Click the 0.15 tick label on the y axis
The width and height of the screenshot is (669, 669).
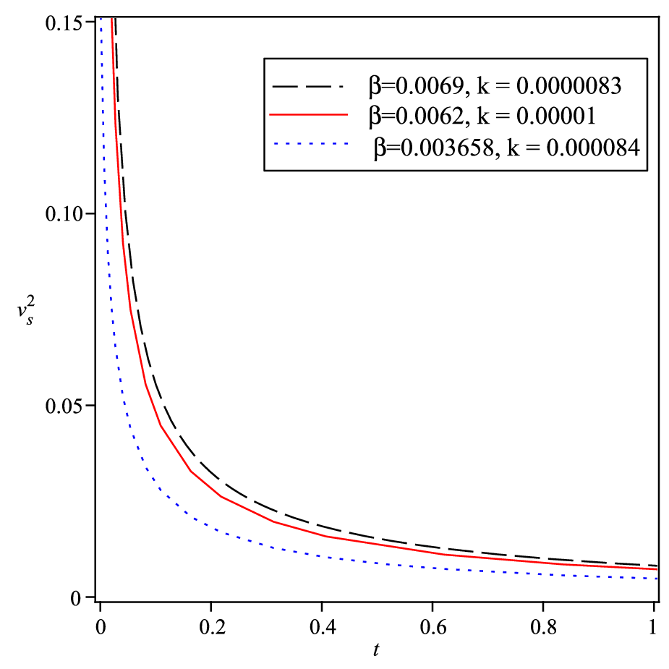(64, 23)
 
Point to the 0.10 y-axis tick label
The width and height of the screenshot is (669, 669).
(64, 214)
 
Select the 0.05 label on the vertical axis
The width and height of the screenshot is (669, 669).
(64, 406)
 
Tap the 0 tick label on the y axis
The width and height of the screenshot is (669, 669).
(75, 598)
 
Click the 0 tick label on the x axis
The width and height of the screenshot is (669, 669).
(101, 628)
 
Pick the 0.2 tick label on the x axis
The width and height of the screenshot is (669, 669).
(212, 628)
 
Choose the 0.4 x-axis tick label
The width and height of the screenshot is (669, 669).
(323, 628)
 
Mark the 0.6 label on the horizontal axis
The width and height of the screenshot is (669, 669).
(433, 628)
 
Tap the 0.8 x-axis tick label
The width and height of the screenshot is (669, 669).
(544, 628)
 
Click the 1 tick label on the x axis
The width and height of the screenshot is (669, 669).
(652, 628)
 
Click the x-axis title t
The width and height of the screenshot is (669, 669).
(376, 649)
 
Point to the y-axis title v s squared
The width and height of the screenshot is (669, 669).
(26, 312)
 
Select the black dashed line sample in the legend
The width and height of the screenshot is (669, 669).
(307, 87)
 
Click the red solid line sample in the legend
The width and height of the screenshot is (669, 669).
(309, 114)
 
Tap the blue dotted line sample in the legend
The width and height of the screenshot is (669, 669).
(310, 144)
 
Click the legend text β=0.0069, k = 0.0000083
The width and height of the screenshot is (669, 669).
(495, 86)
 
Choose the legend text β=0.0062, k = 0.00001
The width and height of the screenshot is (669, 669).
(482, 116)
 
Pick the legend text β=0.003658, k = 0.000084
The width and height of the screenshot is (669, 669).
(507, 148)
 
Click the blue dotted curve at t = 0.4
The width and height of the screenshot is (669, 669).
(322, 556)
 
